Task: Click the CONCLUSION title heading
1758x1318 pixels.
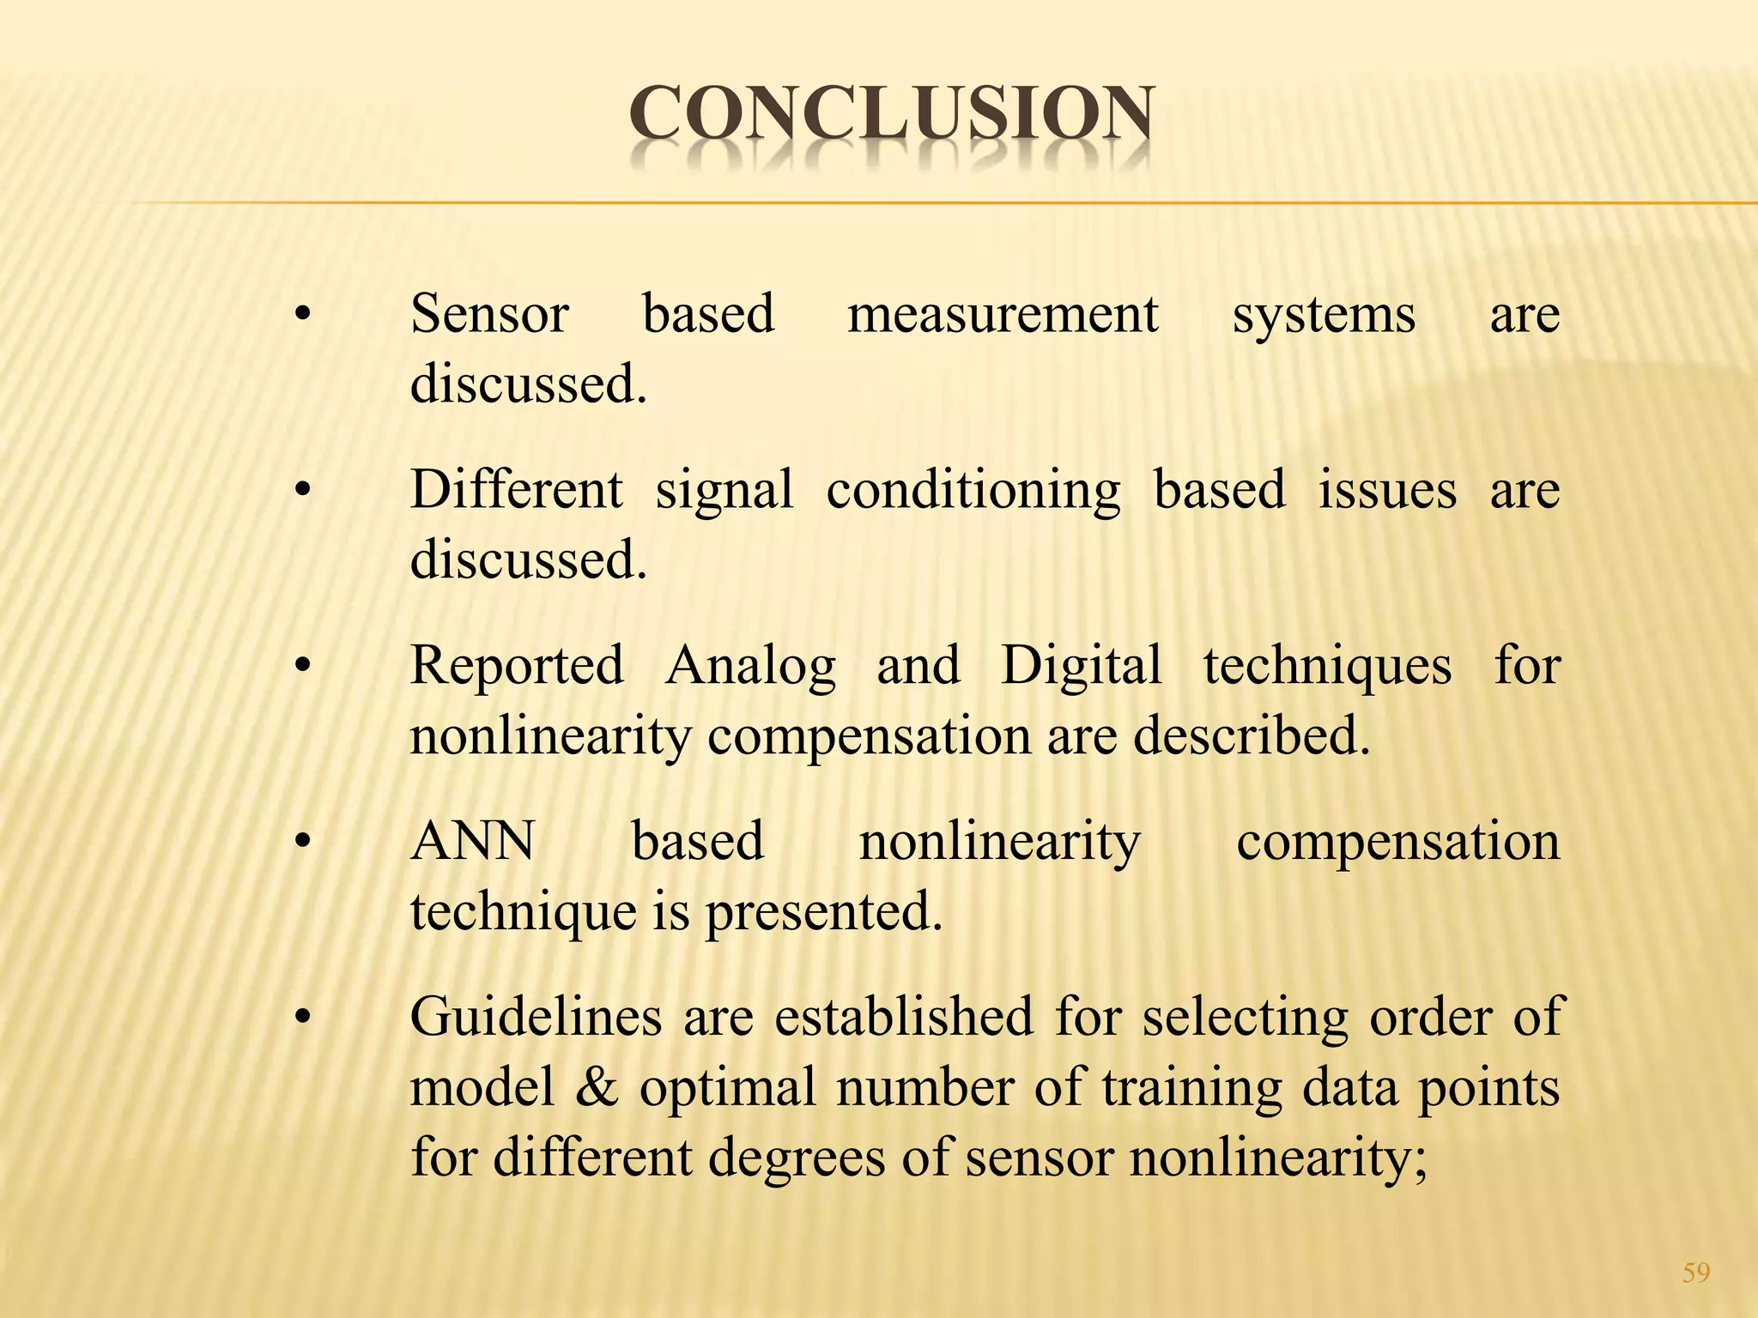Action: tap(891, 115)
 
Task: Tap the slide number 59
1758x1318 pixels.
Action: tap(1696, 1272)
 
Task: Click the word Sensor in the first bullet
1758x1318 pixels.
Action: tap(489, 314)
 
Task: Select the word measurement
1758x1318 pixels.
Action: tap(1003, 314)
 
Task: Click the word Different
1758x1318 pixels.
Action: tap(517, 490)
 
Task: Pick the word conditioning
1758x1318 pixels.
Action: tap(973, 492)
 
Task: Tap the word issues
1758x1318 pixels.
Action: tap(1387, 490)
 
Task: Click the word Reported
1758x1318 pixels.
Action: tap(517, 667)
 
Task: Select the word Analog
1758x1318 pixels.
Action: tap(750, 667)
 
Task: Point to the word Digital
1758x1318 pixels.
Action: tap(1082, 667)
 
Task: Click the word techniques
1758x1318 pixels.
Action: tap(1327, 667)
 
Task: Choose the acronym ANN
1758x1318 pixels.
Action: tap(473, 841)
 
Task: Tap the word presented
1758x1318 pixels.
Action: tap(823, 912)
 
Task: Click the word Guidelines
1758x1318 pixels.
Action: tap(536, 1017)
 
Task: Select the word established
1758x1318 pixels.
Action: tap(904, 1017)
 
